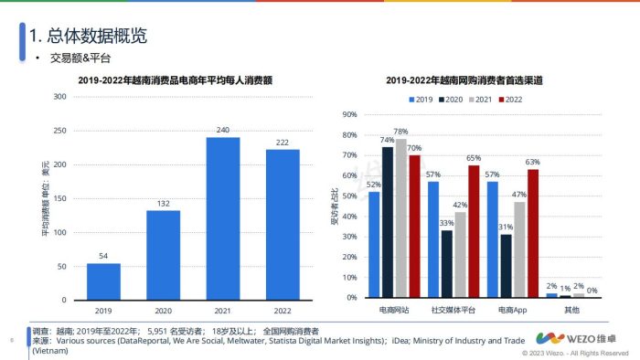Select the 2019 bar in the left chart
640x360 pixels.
coord(103,281)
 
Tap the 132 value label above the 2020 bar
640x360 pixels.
coord(163,203)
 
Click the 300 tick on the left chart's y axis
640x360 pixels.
coord(59,97)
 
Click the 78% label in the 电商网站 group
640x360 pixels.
coord(400,132)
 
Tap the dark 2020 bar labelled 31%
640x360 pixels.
coord(506,266)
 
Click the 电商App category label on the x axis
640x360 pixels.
coord(512,311)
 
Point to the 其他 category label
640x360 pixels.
coord(571,311)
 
